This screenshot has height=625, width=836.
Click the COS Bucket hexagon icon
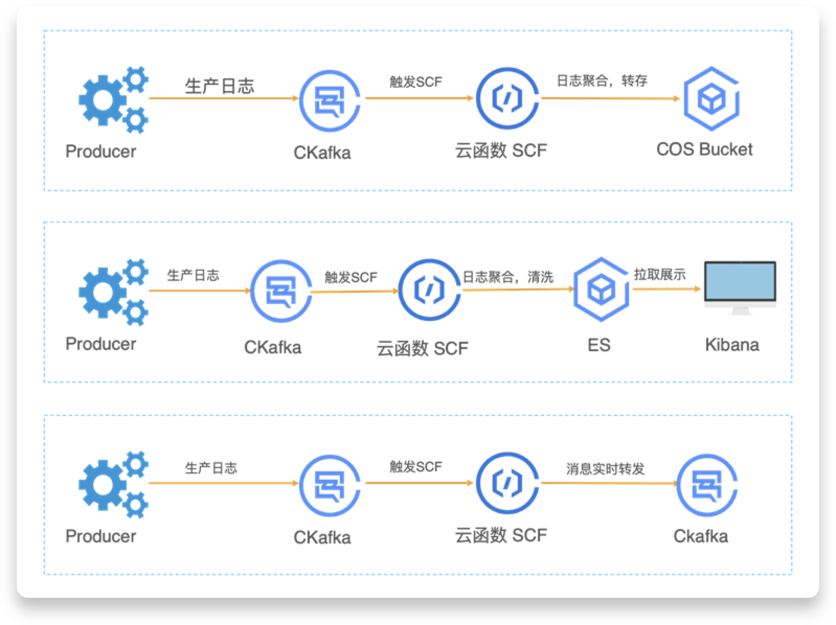(x=711, y=98)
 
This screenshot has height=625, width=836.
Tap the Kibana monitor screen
(x=740, y=282)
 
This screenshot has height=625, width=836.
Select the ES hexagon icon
(x=601, y=289)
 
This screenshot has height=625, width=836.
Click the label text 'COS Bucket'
(x=704, y=149)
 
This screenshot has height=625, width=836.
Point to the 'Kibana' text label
(x=732, y=345)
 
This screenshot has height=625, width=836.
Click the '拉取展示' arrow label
(x=660, y=275)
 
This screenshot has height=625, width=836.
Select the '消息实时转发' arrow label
(x=605, y=469)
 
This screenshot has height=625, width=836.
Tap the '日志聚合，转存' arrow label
(x=602, y=81)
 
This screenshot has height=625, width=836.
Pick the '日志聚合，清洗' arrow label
(x=507, y=276)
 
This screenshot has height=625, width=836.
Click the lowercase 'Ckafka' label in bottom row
(x=701, y=536)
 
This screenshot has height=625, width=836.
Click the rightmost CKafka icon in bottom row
(x=706, y=484)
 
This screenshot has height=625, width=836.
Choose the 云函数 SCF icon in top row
(x=507, y=98)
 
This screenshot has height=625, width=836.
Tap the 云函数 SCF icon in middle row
(x=430, y=290)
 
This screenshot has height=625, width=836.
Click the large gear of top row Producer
(x=103, y=100)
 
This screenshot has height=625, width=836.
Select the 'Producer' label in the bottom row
(x=100, y=536)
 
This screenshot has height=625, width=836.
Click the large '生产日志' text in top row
(x=219, y=86)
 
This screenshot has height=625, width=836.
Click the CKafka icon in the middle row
(x=281, y=291)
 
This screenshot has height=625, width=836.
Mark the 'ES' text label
(x=598, y=345)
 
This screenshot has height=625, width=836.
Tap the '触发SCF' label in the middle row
(x=351, y=277)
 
